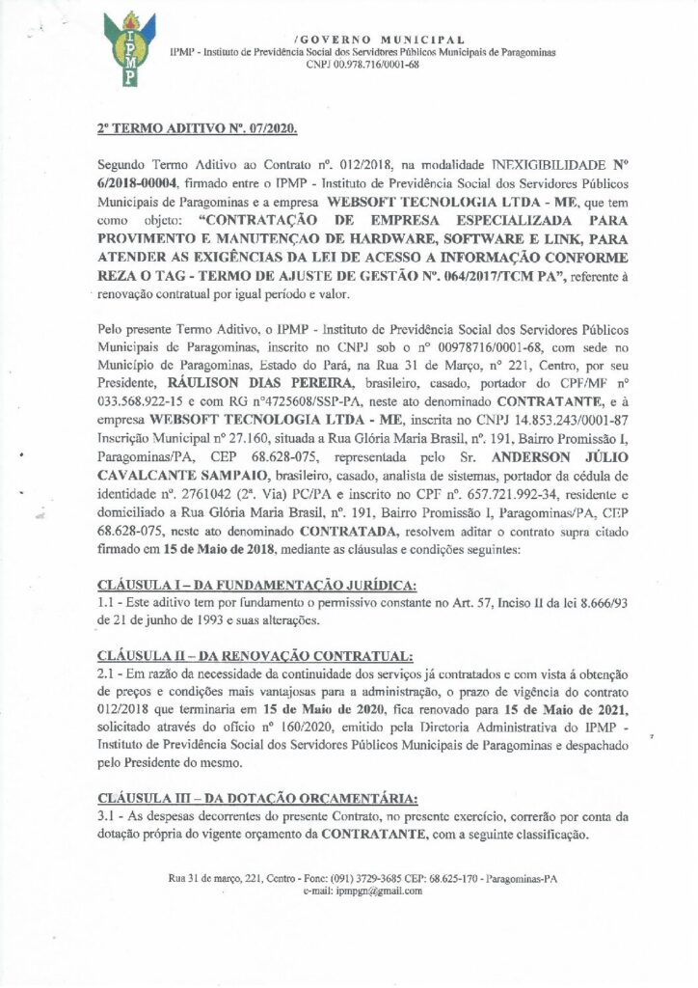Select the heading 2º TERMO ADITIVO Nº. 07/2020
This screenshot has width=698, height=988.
pyautogui.click(x=198, y=127)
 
